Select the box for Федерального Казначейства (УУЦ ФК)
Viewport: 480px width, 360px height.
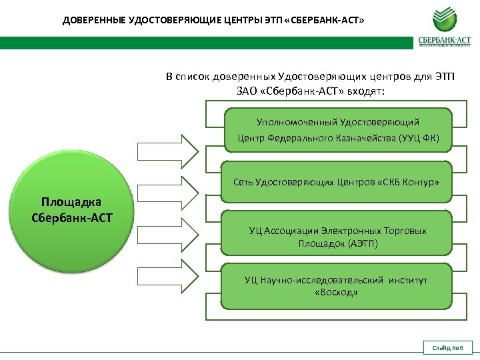(339, 131)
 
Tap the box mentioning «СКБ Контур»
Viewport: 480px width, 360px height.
(336, 182)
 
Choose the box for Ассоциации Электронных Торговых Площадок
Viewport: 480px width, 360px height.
(337, 237)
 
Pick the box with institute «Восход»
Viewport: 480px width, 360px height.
(336, 286)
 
